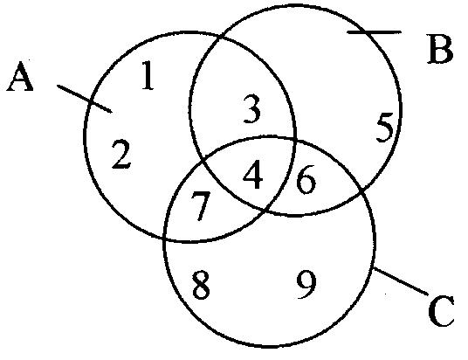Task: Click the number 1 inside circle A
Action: click(148, 75)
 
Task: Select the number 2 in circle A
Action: click(121, 155)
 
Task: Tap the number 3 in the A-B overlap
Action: click(252, 108)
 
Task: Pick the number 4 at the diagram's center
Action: click(253, 175)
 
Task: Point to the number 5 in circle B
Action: click(384, 128)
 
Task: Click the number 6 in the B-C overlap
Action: click(306, 179)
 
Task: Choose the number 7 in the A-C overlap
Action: click(201, 206)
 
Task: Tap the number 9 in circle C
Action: click(306, 286)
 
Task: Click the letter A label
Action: click(20, 76)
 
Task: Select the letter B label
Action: click(440, 49)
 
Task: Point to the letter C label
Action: click(441, 311)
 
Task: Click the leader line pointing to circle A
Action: click(85, 99)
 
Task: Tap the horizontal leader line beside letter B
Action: click(375, 31)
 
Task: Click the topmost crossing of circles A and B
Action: click(220, 38)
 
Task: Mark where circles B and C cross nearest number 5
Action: click(361, 189)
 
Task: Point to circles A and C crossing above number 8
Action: click(165, 239)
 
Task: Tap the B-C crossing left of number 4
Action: click(203, 163)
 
